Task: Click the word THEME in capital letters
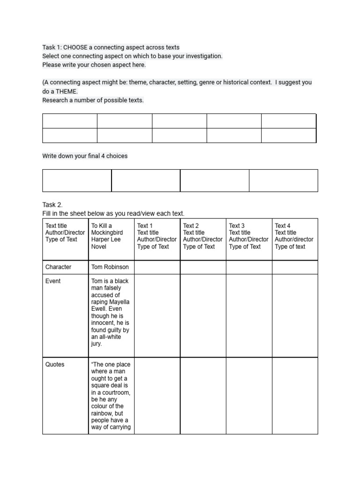tap(66, 91)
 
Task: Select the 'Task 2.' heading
tap(52, 205)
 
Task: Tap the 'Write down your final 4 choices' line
tap(85, 156)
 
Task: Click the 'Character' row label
tap(58, 267)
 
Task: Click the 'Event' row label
tap(53, 281)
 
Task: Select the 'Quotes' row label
tap(55, 365)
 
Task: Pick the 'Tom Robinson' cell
tap(110, 267)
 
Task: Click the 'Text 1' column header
tap(145, 226)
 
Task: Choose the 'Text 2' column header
tap(191, 226)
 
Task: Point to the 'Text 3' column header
tap(237, 226)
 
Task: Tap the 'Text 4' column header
tap(283, 226)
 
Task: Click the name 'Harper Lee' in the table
tap(106, 240)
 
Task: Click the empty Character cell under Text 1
tap(157, 267)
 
